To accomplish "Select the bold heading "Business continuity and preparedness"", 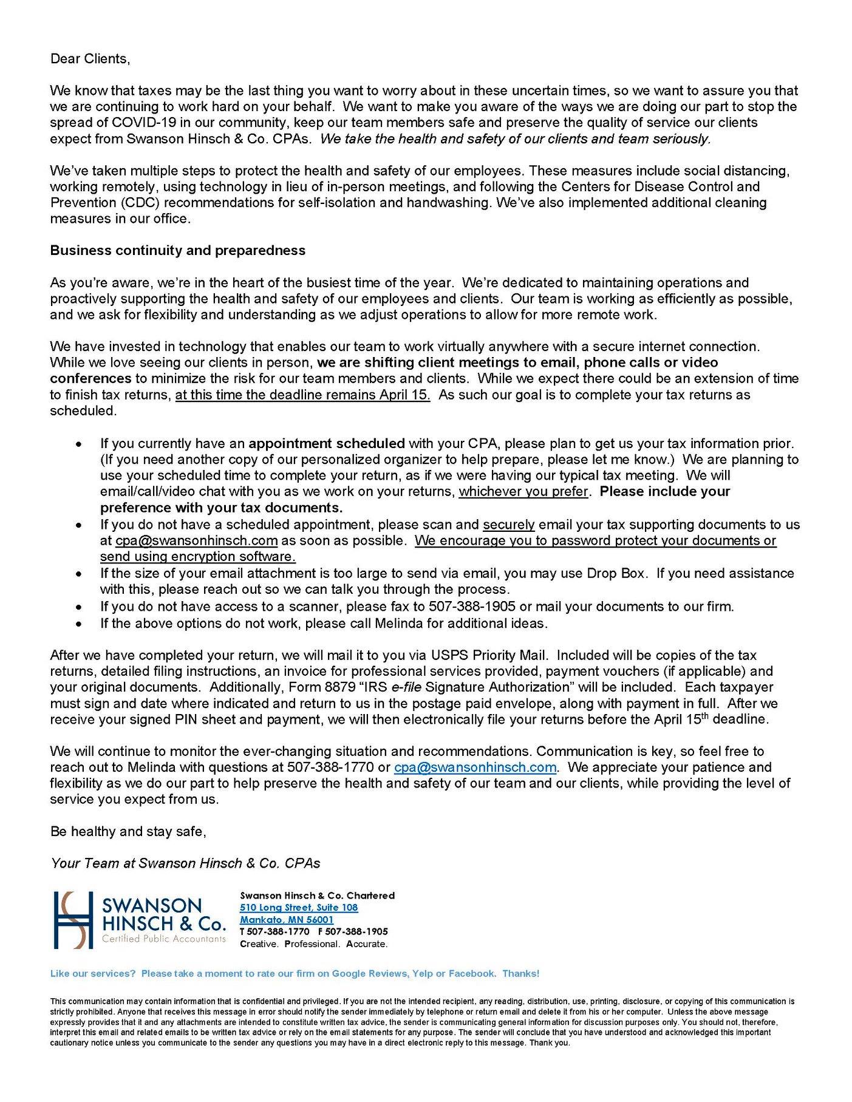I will [177, 250].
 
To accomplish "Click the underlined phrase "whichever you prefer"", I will [523, 491].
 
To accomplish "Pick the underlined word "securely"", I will [509, 524].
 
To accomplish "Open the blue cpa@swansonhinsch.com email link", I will [475, 767].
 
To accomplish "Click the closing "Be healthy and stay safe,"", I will [128, 831].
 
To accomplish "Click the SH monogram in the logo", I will [73, 919].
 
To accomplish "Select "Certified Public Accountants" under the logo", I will [164, 939].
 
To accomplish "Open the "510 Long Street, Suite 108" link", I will [299, 907].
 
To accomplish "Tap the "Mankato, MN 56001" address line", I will [287, 919].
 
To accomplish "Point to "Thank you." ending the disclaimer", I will [550, 1042].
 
